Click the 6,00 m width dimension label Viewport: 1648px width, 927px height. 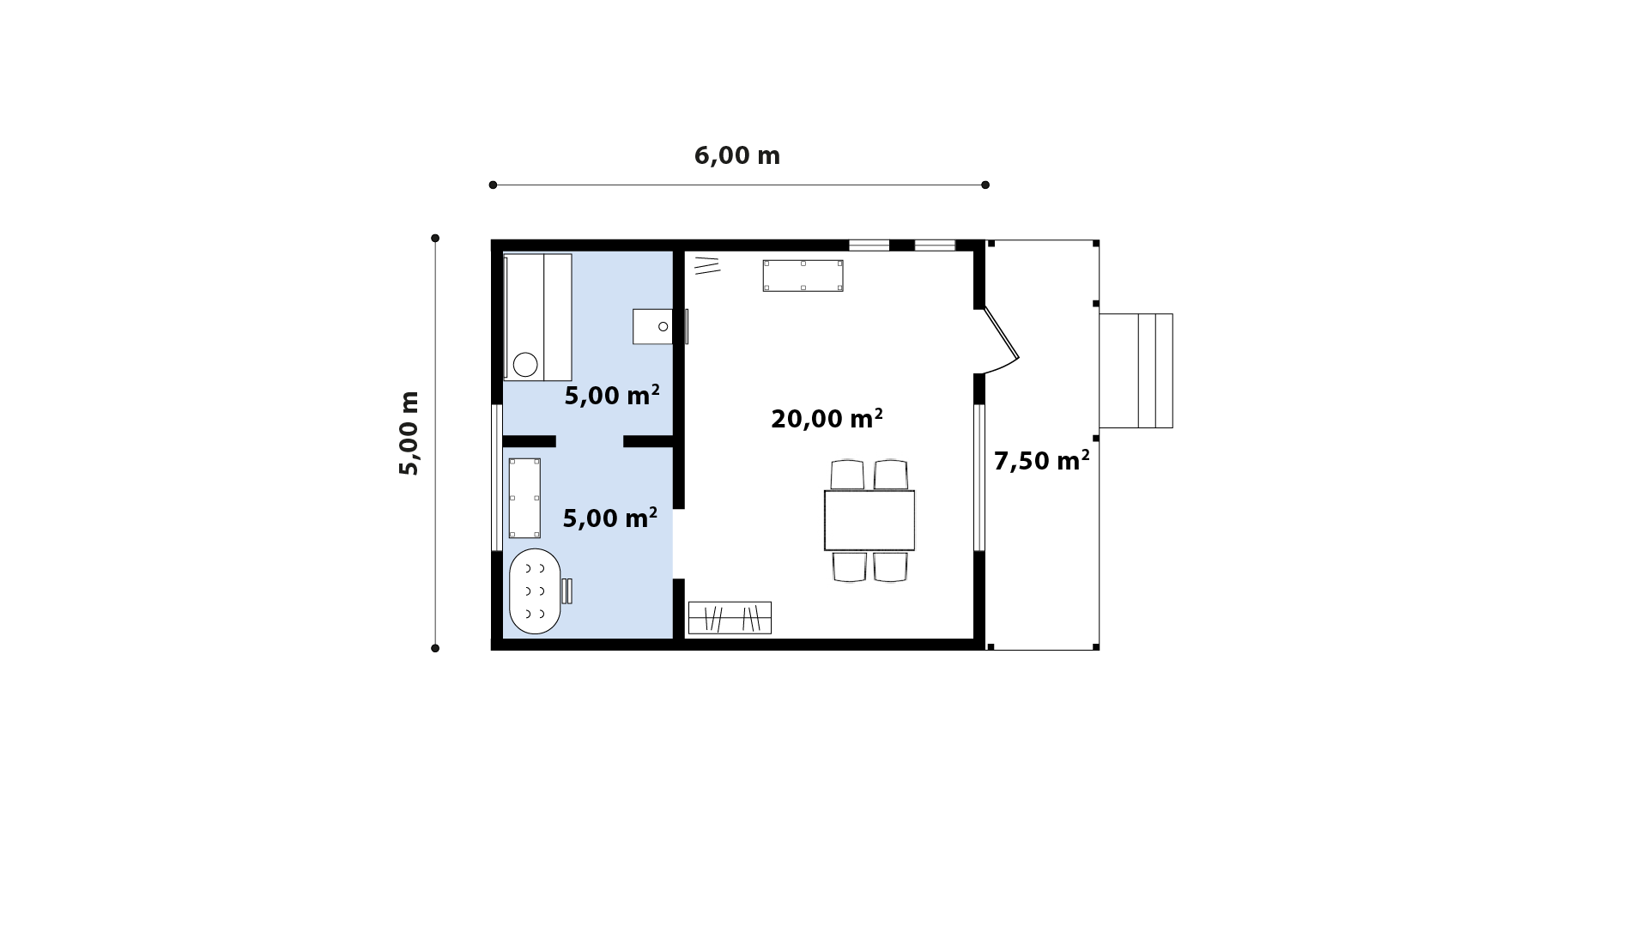click(736, 155)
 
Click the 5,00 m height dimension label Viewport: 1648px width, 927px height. click(409, 433)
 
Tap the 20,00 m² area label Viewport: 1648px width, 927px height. click(827, 418)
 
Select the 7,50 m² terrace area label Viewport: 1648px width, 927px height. click(1041, 460)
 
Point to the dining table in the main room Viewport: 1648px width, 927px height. click(869, 520)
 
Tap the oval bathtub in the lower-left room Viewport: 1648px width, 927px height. click(535, 591)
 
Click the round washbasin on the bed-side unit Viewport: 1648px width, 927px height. click(525, 365)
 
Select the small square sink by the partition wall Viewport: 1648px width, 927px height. click(653, 326)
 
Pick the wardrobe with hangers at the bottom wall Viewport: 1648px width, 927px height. click(730, 618)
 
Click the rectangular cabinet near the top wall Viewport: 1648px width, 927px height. click(803, 276)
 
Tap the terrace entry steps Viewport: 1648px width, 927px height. click(1136, 371)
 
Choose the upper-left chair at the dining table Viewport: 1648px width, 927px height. click(847, 475)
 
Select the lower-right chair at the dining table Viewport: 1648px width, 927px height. click(890, 567)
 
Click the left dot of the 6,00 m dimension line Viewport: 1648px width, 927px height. click(493, 185)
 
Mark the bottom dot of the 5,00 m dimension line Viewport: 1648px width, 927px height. click(435, 648)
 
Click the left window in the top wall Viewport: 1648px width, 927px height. click(869, 245)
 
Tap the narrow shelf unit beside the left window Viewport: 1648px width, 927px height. click(524, 498)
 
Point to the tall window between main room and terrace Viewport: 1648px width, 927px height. click(978, 477)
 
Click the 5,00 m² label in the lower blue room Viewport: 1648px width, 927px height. click(609, 518)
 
